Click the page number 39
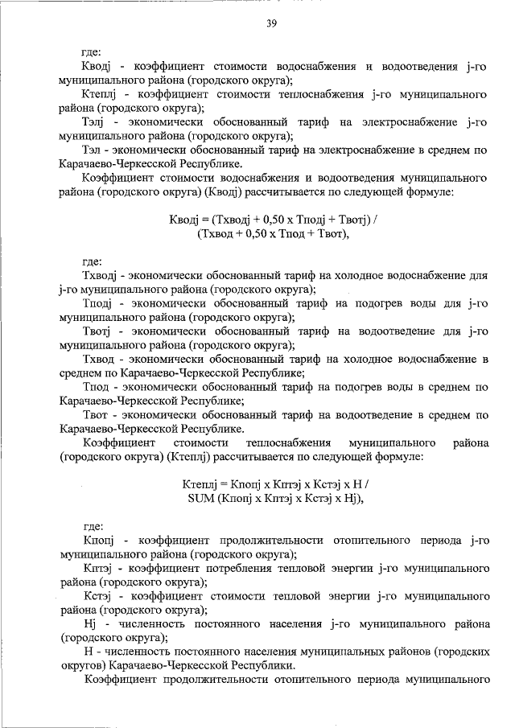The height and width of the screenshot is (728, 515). click(271, 23)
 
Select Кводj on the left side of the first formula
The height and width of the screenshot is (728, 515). click(187, 220)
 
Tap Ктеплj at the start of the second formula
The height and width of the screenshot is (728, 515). click(201, 483)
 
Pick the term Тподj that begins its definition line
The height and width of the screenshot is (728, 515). click(100, 303)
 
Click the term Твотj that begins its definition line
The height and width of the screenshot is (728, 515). click(101, 331)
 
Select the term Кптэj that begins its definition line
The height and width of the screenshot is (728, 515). click(101, 568)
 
